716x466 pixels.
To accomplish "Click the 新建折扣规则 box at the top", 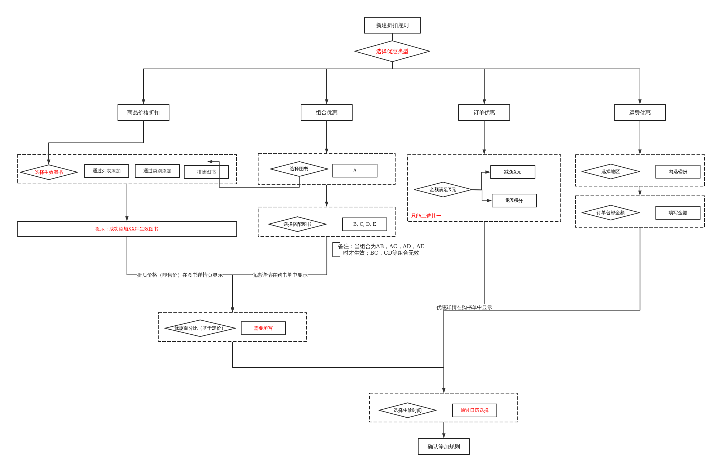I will (x=392, y=25).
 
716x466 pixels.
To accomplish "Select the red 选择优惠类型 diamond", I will (x=392, y=51).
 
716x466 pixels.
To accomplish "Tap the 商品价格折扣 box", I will (x=143, y=113).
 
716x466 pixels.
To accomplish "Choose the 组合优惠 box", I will (x=326, y=113).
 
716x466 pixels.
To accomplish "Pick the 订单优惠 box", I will (x=484, y=113).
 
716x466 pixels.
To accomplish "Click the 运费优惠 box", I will (x=640, y=113).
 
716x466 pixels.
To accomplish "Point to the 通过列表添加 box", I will (x=106, y=171).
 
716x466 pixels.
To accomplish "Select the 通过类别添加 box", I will (x=157, y=171).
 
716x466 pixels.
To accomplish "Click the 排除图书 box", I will (x=206, y=172).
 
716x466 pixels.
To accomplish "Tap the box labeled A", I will (x=355, y=171).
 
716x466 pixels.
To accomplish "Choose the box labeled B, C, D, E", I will (x=364, y=224).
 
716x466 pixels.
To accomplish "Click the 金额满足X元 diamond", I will (x=443, y=190).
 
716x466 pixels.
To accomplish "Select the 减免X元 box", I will (x=513, y=172).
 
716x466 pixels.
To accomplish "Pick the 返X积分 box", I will (x=514, y=201).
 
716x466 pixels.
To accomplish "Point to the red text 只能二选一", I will (x=426, y=216).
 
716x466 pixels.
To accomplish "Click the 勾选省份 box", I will (x=678, y=172).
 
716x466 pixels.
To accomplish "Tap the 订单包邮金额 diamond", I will (x=610, y=213).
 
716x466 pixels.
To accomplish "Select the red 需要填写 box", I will (x=263, y=328).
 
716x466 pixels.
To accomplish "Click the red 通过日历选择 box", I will (x=474, y=410).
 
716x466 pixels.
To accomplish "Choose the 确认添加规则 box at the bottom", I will (x=443, y=447).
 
